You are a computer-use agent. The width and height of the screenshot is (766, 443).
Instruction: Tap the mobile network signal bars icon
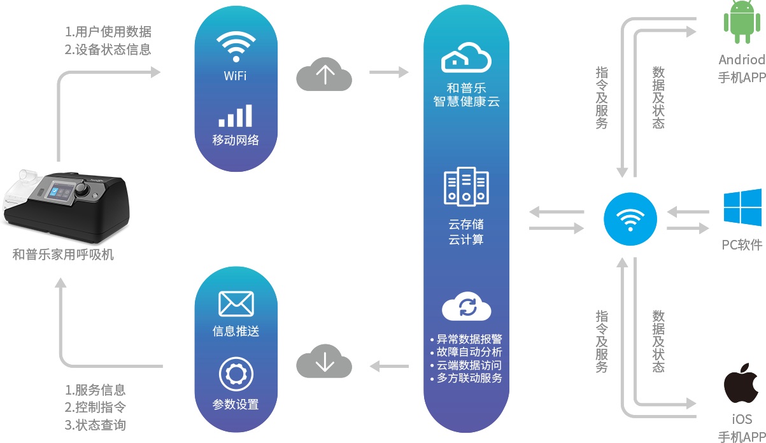235,116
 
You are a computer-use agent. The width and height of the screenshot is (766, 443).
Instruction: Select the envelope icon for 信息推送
236,304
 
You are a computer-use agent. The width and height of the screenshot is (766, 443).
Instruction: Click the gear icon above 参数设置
236,374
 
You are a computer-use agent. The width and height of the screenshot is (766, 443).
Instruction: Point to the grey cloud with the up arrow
324,74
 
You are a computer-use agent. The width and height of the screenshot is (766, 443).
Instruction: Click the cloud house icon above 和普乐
466,58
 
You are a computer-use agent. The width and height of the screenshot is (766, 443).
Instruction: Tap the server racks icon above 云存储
466,186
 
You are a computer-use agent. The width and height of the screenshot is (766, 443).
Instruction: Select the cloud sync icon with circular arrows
467,307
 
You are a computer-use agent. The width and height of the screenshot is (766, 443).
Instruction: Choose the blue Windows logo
742,207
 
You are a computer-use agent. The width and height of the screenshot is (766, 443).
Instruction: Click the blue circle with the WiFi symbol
630,220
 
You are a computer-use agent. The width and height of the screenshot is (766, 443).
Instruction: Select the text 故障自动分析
469,352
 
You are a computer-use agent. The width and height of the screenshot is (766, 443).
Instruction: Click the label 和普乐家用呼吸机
64,255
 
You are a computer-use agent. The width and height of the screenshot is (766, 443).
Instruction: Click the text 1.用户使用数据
108,32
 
